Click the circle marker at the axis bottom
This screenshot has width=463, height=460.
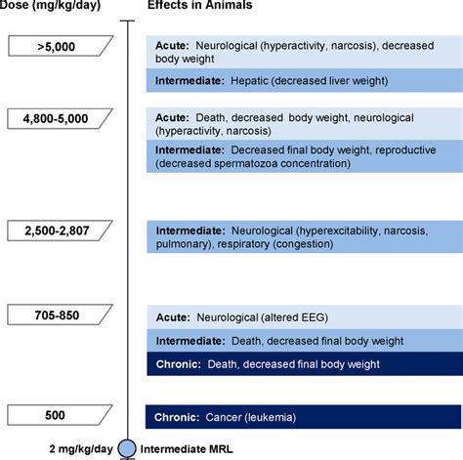click(x=128, y=448)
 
